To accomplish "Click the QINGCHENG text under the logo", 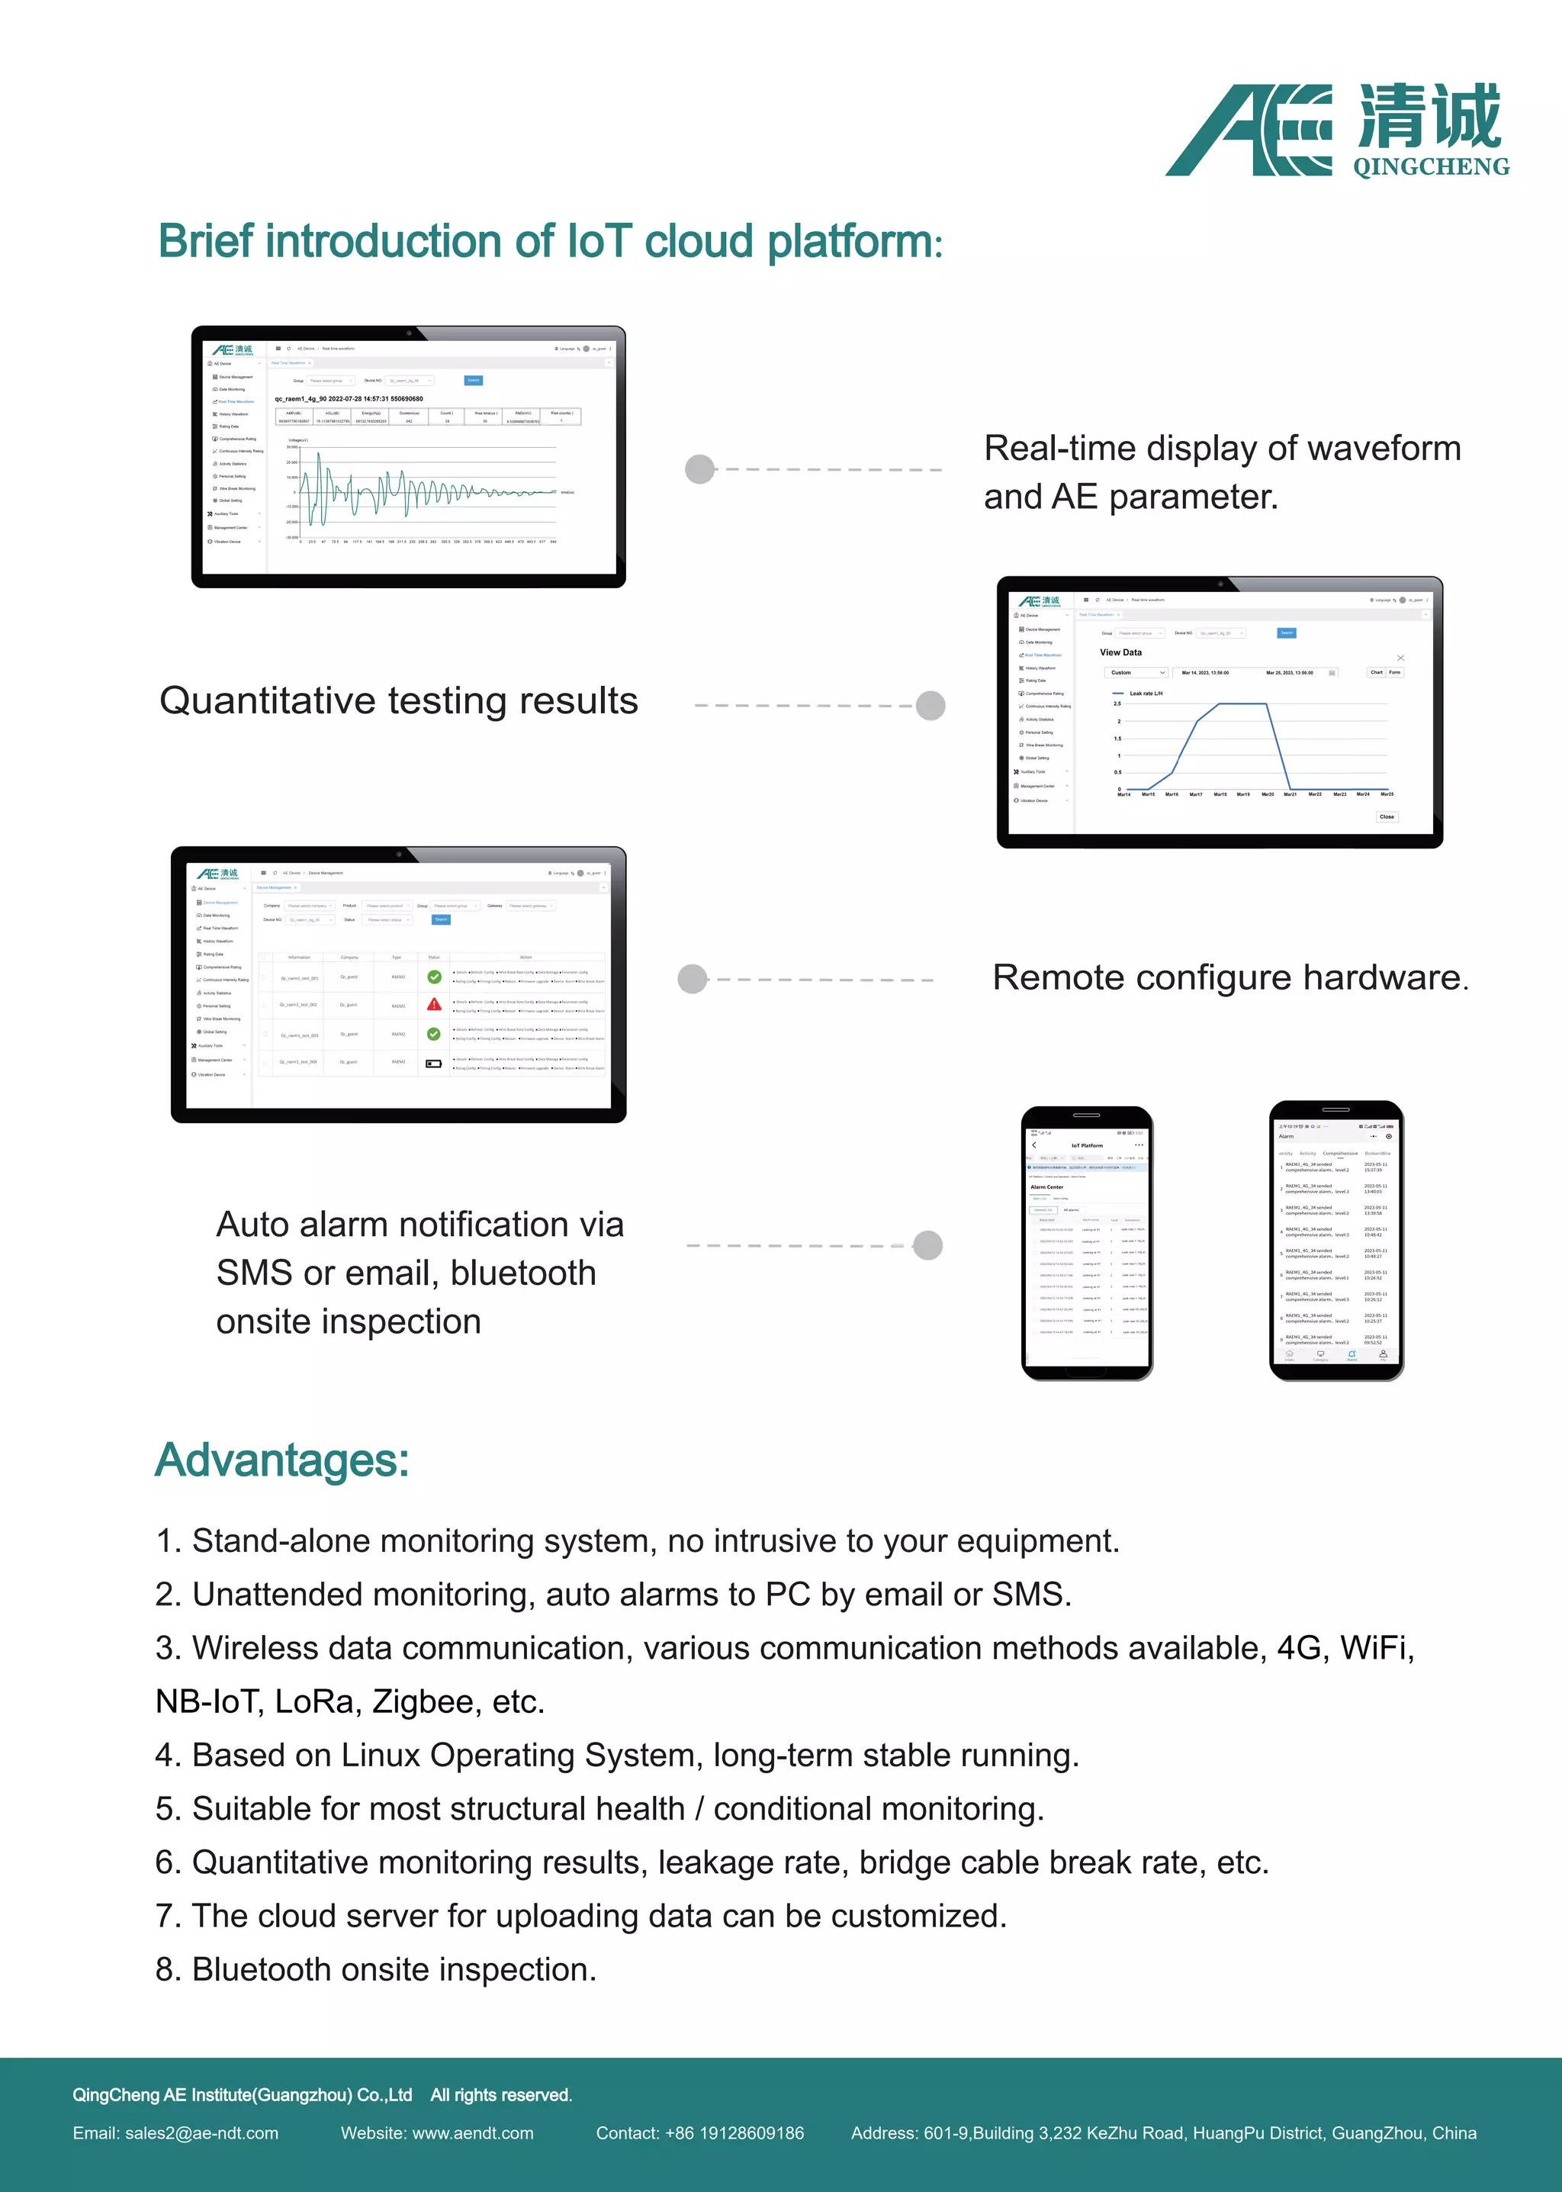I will (1430, 167).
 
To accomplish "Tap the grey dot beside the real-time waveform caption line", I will (699, 469).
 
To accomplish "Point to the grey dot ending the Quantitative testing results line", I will (930, 705).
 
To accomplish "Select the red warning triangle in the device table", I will (434, 1005).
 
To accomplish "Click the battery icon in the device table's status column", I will (434, 1064).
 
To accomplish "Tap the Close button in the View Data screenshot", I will (1386, 816).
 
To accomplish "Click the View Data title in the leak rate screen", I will (1120, 652).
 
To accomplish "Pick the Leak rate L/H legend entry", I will (1145, 693).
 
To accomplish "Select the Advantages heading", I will (281, 1460).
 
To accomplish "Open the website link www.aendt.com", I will (472, 2133).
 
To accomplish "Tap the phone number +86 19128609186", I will (734, 2133).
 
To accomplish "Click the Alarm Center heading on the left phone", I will (1046, 1186).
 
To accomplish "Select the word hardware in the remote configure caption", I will (1381, 977).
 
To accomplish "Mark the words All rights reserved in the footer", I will (501, 2095).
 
